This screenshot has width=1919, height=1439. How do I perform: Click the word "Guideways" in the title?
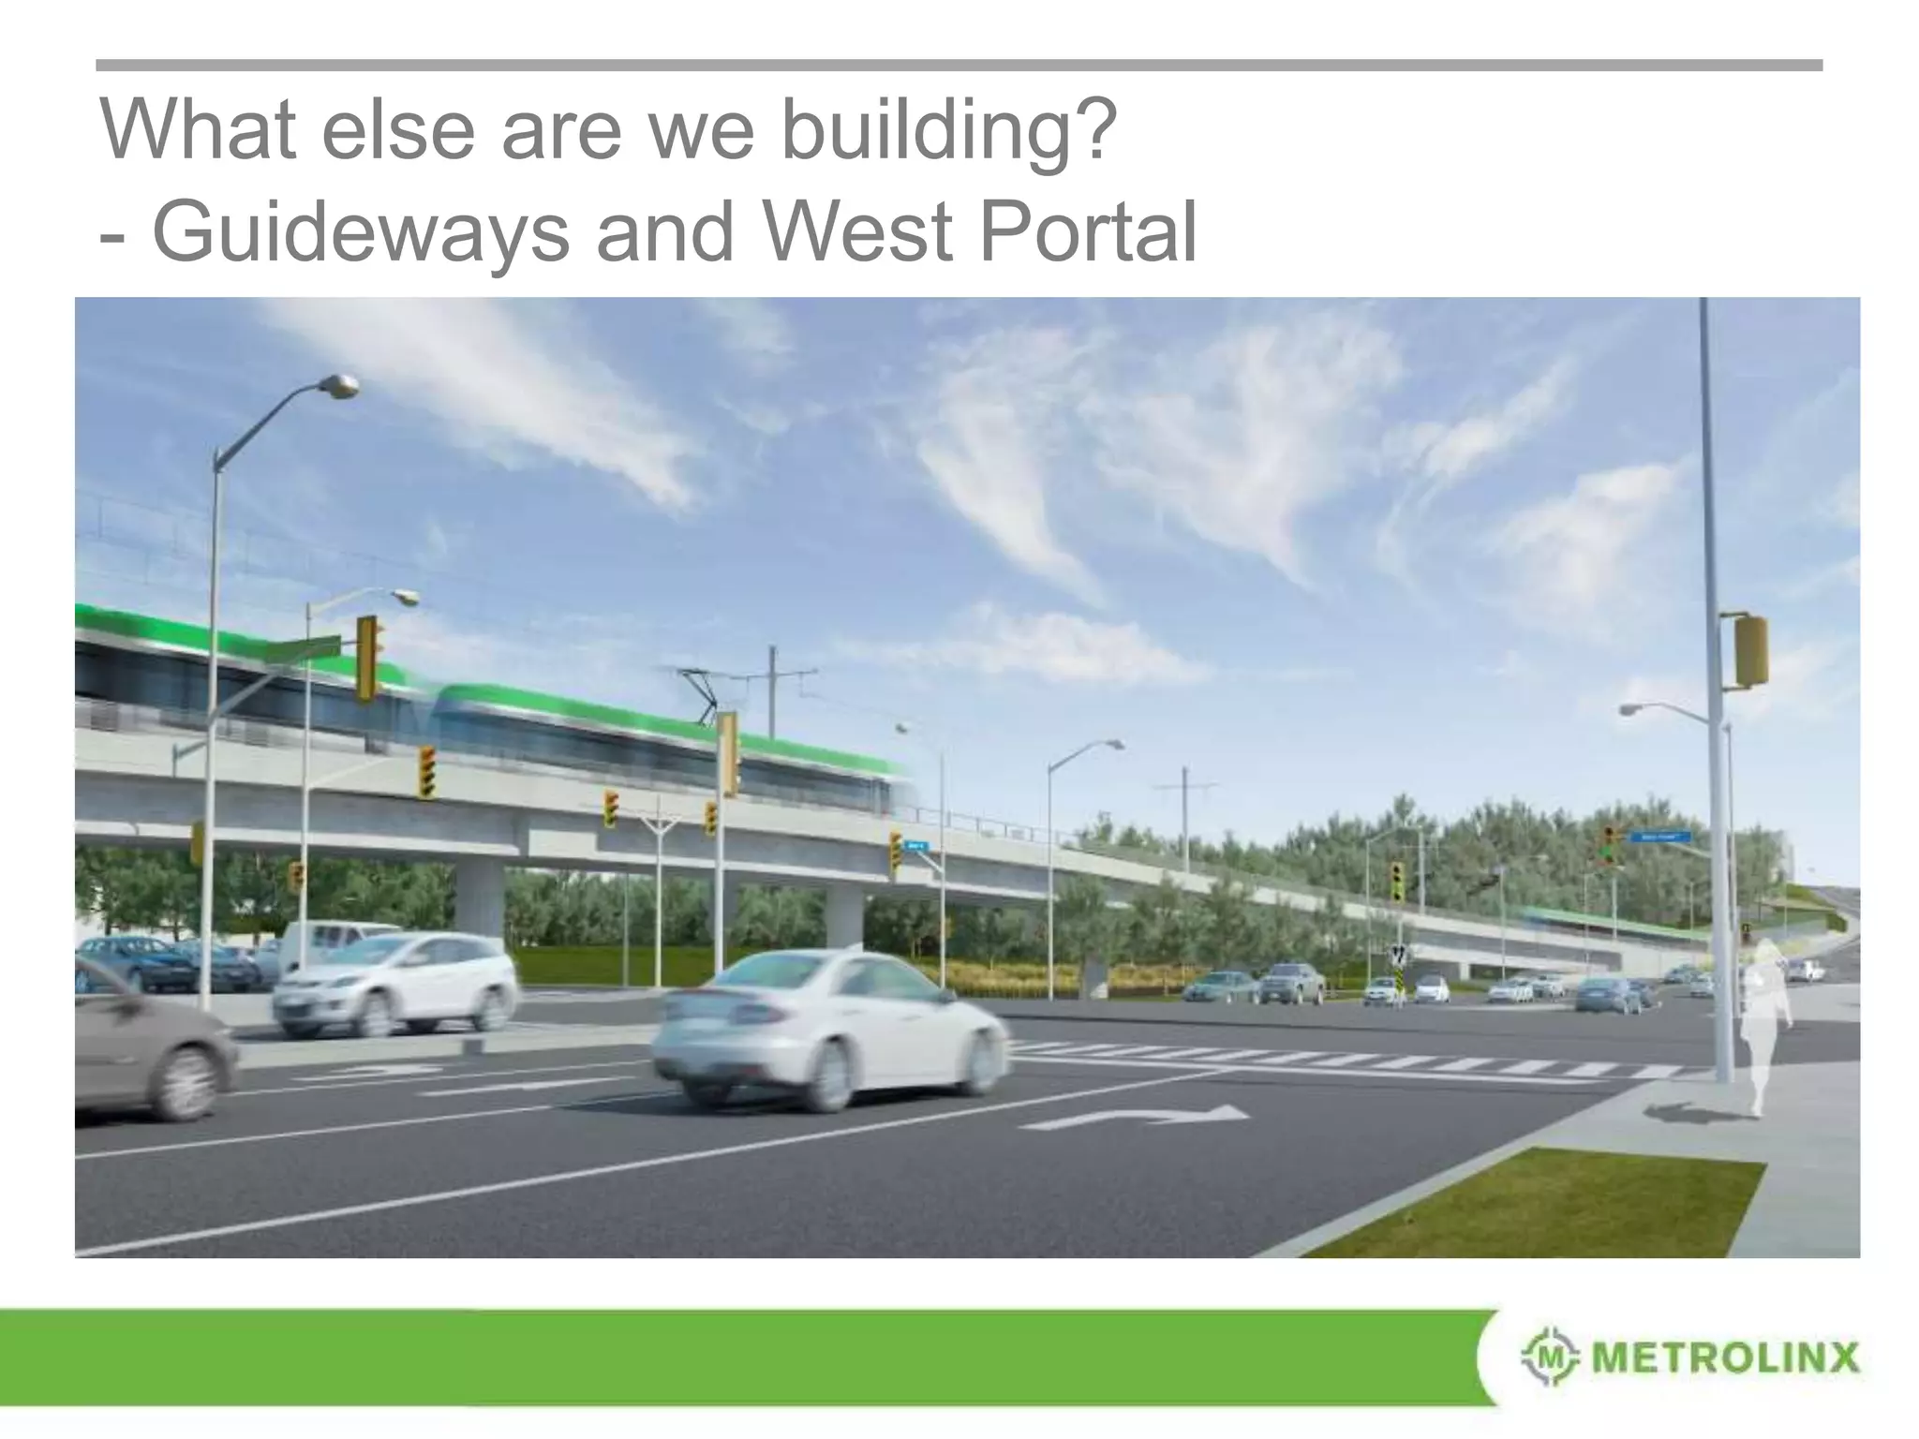click(360, 231)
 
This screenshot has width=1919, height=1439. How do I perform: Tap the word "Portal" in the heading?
click(1087, 231)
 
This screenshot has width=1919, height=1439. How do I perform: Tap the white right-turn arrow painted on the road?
click(1138, 1116)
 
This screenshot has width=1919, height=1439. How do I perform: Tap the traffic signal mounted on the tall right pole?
click(1750, 650)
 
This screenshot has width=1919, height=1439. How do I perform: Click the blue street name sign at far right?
click(1659, 837)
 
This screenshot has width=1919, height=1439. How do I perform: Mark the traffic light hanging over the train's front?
click(729, 753)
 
